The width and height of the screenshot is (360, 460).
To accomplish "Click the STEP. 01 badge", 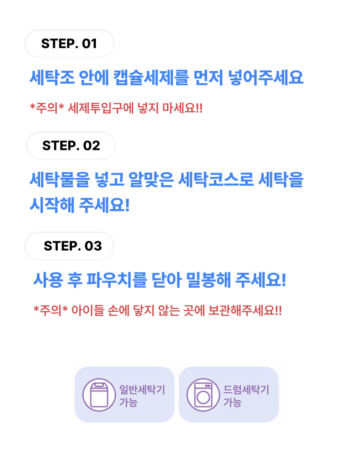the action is click(69, 44).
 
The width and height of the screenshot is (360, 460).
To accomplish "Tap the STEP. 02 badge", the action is click(71, 146).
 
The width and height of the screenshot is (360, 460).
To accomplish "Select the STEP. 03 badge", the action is click(69, 246).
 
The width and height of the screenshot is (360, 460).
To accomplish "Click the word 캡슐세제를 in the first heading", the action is click(151, 77).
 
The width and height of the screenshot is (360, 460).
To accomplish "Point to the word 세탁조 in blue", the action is click(52, 77).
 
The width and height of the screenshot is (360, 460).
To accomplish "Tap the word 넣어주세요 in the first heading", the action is click(266, 77).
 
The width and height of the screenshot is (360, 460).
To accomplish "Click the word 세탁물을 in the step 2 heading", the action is click(59, 179).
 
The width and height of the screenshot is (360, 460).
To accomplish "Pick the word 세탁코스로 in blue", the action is click(216, 179).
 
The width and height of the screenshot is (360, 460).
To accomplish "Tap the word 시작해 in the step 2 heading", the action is click(52, 205).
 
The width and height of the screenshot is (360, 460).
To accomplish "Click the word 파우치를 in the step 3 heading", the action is click(116, 280).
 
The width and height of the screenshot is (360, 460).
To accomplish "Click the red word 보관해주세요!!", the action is click(245, 311).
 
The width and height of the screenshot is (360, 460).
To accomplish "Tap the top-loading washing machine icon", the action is click(99, 395).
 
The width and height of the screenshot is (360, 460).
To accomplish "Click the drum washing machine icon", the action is click(203, 395).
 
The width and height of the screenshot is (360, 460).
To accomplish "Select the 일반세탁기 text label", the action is click(142, 390).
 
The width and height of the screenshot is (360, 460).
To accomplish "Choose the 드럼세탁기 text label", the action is click(247, 390).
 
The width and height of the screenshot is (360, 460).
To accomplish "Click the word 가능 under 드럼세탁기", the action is click(233, 402).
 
